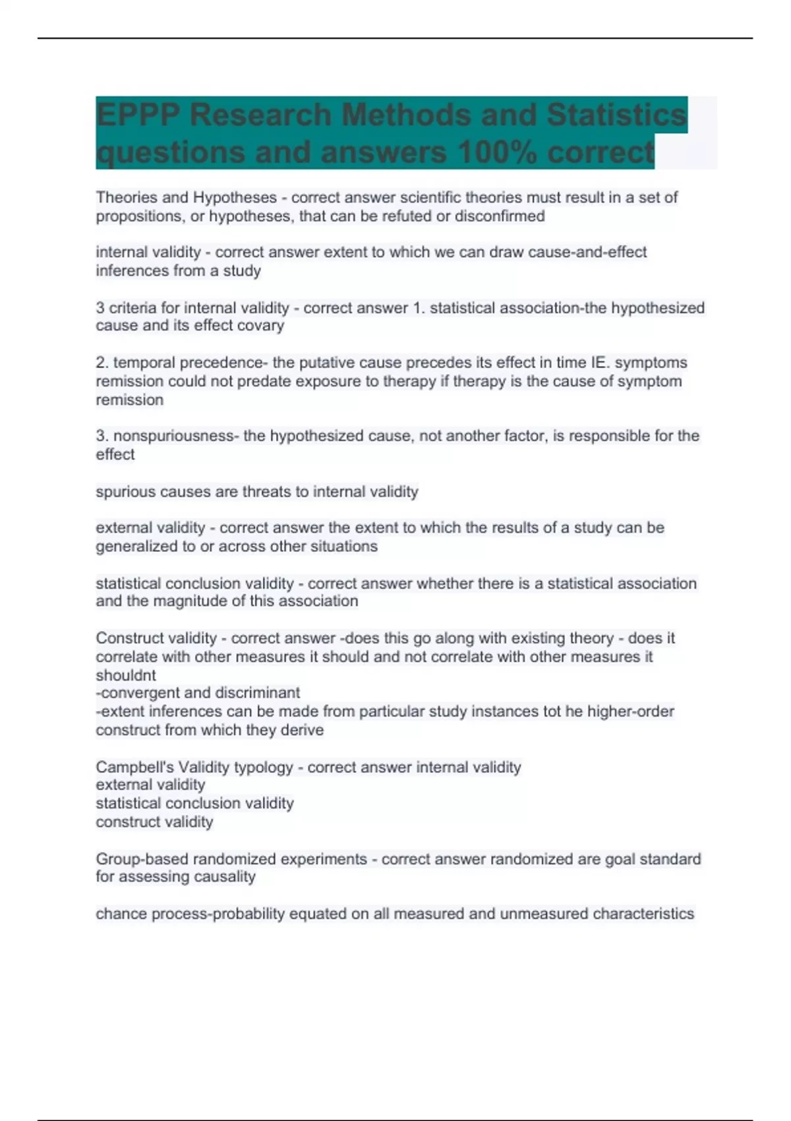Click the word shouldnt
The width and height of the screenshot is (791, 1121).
point(126,675)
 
